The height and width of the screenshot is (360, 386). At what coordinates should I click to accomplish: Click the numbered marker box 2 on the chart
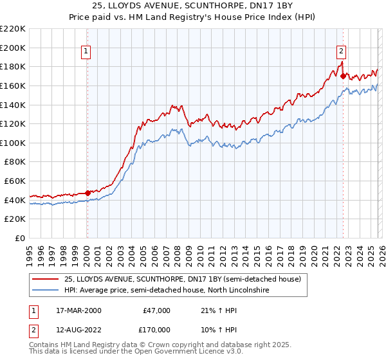click(341, 52)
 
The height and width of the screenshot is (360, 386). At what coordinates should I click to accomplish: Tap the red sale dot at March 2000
click(87, 192)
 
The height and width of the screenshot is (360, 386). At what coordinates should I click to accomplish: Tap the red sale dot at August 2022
click(343, 76)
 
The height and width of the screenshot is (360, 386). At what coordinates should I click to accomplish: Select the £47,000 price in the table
click(156, 310)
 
